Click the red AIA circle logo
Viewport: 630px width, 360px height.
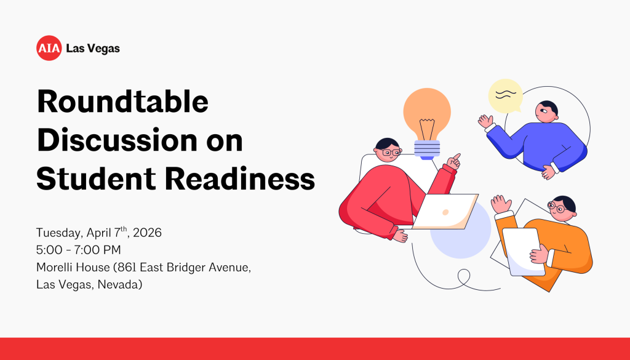[49, 48]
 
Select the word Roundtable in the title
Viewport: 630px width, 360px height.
[122, 102]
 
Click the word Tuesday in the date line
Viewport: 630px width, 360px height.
[58, 233]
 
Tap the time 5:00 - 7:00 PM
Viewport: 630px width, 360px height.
[78, 250]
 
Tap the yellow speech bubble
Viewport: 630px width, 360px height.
[505, 96]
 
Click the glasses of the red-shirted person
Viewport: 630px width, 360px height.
[390, 151]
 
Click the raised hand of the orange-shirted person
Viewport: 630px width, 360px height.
[501, 204]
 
